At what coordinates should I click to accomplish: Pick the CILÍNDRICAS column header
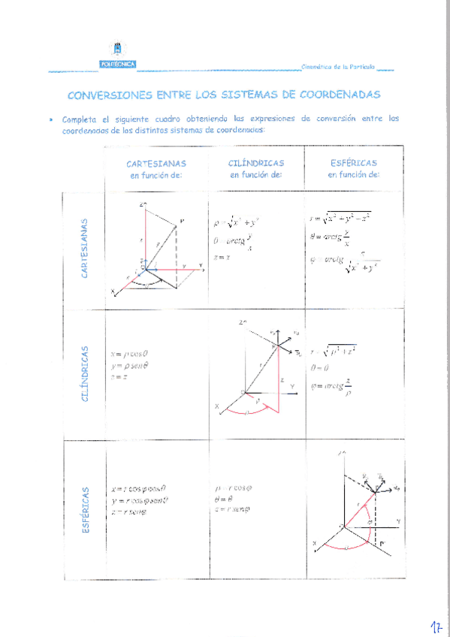(255, 162)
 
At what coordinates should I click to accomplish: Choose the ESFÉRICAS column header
(353, 162)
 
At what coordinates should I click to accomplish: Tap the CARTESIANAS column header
(156, 163)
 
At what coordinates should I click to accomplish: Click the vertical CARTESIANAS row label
(85, 248)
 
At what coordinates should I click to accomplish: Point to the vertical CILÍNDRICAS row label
(85, 373)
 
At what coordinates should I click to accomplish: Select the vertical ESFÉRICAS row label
(85, 510)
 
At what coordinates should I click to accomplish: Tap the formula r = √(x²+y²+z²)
(340, 219)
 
